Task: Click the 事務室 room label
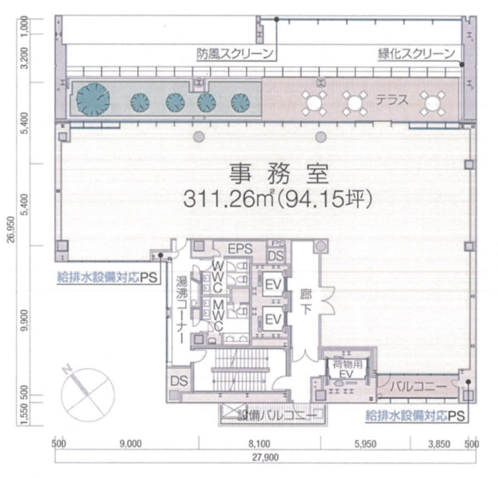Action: tap(278, 174)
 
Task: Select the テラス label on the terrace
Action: tap(392, 100)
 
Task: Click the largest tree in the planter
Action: tap(93, 100)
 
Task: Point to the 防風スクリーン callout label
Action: tap(235, 54)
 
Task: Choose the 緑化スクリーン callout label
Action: tap(416, 54)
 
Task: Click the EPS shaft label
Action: tap(240, 249)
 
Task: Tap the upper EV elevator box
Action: tap(273, 284)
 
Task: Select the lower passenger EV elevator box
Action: tap(273, 319)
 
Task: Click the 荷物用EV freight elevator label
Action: tap(347, 370)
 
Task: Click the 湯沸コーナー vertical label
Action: tap(182, 310)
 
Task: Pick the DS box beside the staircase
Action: tap(179, 381)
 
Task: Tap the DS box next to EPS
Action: tap(276, 256)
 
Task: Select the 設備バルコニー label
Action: tap(278, 416)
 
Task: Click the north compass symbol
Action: tap(88, 395)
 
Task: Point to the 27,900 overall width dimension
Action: tap(265, 457)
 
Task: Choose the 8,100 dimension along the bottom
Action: tap(259, 444)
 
